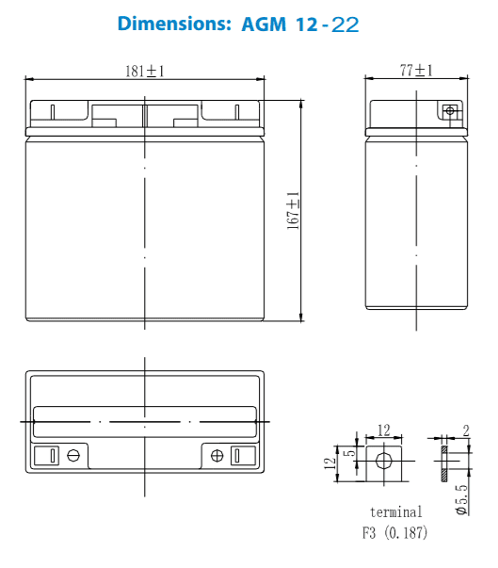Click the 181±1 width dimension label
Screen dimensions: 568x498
coord(144,72)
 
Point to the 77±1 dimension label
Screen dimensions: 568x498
coord(415,71)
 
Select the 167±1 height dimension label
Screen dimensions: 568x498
coord(293,210)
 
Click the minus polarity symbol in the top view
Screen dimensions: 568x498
coord(72,456)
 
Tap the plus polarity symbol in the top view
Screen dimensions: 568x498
coord(217,456)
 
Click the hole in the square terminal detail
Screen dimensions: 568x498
coord(383,462)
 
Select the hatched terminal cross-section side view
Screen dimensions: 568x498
coord(445,462)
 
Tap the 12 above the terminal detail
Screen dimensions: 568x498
coord(383,430)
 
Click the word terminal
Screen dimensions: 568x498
coord(395,512)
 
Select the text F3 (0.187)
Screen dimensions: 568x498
coord(395,533)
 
